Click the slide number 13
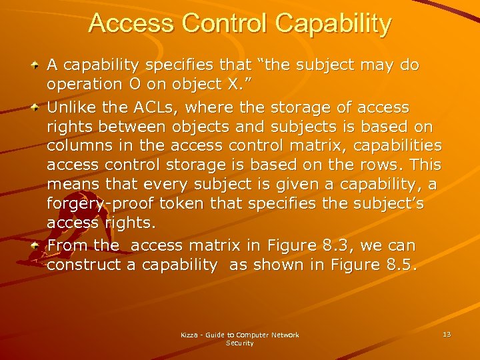(x=446, y=334)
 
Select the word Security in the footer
(x=240, y=343)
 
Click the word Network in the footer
(x=283, y=335)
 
